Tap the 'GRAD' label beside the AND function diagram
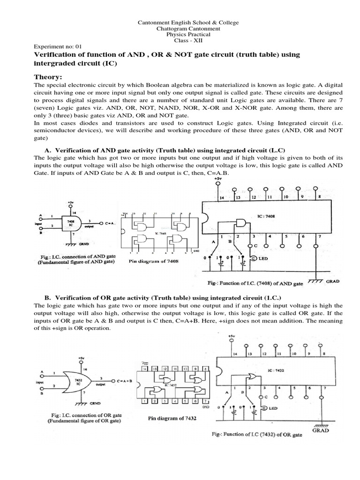point(332,282)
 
